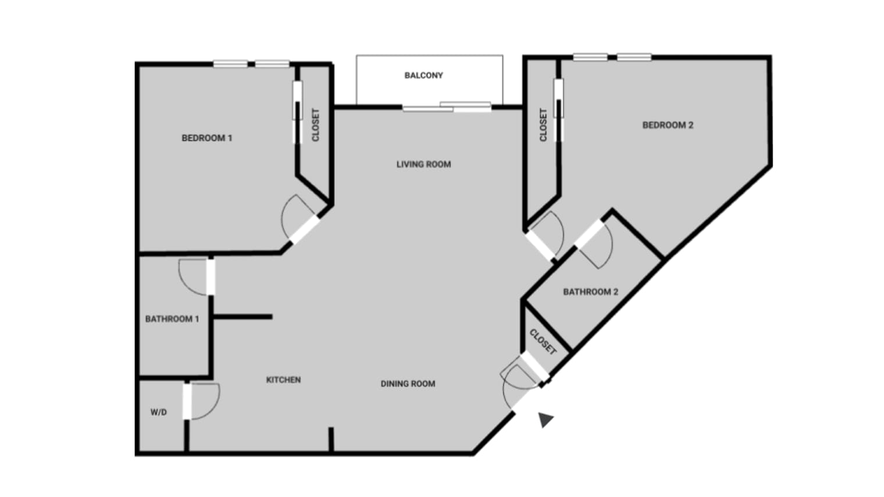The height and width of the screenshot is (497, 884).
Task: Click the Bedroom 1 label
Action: pyautogui.click(x=206, y=138)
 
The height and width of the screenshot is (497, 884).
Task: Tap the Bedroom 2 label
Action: pyautogui.click(x=668, y=125)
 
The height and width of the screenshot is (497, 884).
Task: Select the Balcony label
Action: pyautogui.click(x=423, y=76)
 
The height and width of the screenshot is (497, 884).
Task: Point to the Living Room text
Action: pyautogui.click(x=423, y=165)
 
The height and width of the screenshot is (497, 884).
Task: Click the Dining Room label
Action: pyautogui.click(x=408, y=384)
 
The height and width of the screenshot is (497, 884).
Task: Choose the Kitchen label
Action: pyautogui.click(x=283, y=380)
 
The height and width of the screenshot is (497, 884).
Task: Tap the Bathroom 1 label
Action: pyautogui.click(x=172, y=319)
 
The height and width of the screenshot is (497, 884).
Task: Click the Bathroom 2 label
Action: pyautogui.click(x=590, y=292)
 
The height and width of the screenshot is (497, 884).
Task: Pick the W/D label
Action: pyautogui.click(x=159, y=412)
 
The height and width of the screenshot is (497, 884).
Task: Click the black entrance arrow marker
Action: pyautogui.click(x=545, y=419)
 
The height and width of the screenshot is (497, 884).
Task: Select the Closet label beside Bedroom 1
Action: pyautogui.click(x=316, y=125)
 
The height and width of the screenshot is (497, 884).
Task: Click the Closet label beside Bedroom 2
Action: pyautogui.click(x=543, y=125)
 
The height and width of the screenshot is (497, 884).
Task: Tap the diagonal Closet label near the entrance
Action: pyautogui.click(x=543, y=342)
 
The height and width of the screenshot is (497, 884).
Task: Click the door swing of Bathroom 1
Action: pyautogui.click(x=193, y=276)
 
